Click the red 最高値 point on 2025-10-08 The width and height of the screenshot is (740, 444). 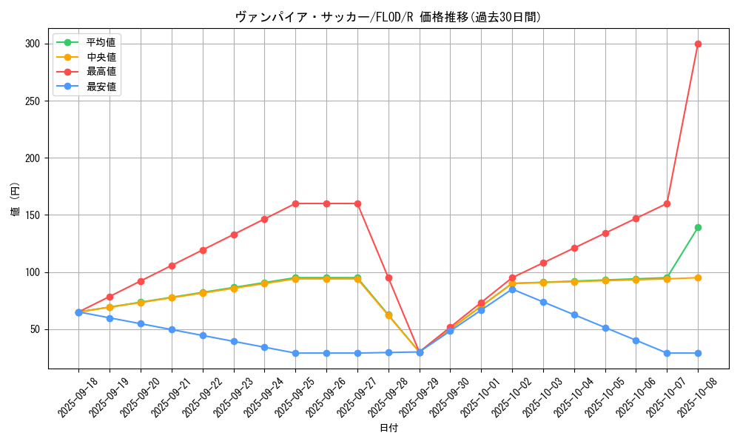coord(698,44)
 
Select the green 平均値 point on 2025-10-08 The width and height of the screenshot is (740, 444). coord(698,227)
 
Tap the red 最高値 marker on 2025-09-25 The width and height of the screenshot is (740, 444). coord(295,203)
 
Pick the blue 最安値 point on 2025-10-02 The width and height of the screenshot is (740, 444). coord(512,289)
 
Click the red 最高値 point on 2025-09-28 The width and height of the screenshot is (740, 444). coord(388,277)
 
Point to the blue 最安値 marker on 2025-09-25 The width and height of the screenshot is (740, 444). coord(295,353)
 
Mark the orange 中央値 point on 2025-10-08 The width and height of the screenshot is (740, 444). coord(698,277)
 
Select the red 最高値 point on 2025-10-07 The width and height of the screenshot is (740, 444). coord(667,203)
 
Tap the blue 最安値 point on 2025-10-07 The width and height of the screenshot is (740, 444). coord(667,353)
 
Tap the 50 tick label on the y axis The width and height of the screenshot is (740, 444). coord(35,329)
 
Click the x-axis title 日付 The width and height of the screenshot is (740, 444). coord(388,428)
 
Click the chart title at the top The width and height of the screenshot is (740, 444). coord(388,17)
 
